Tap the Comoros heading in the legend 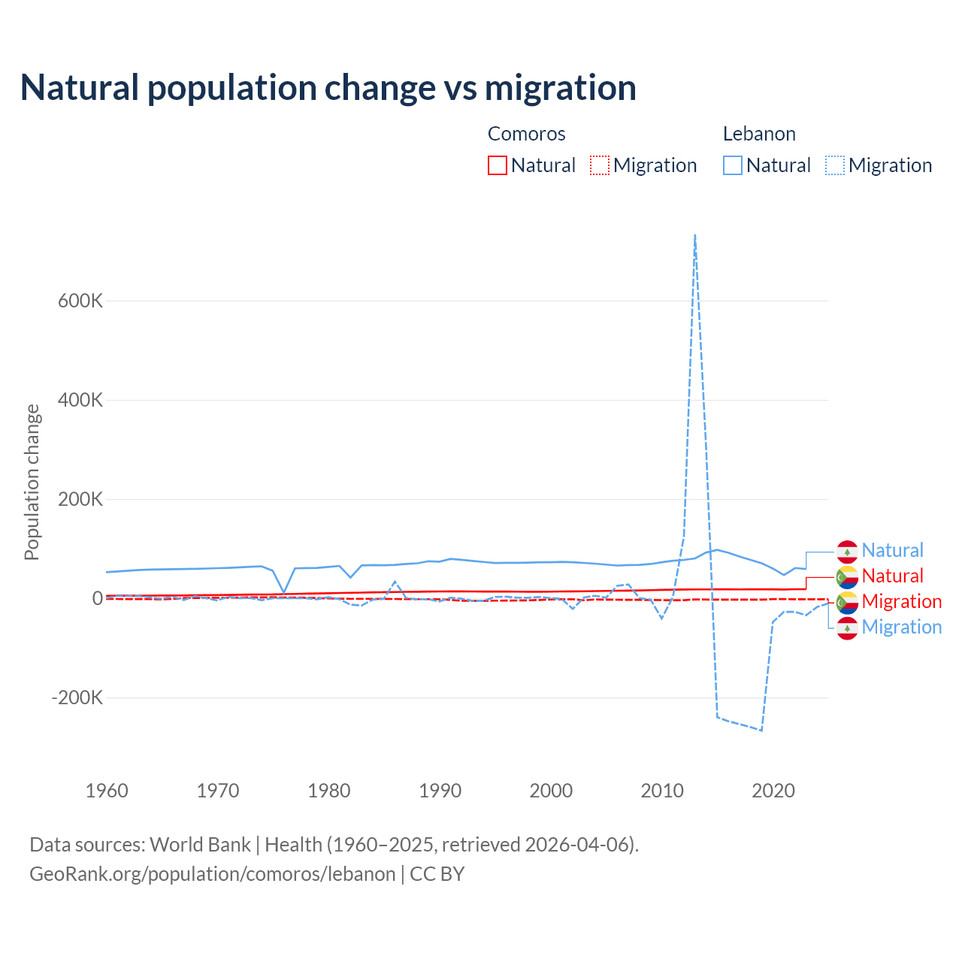pyautogui.click(x=526, y=134)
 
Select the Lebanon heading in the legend pyautogui.click(x=759, y=134)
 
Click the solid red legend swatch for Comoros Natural pyautogui.click(x=498, y=165)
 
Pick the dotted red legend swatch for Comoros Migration pyautogui.click(x=600, y=165)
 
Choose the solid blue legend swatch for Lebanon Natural pyautogui.click(x=733, y=165)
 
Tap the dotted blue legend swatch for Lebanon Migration pyautogui.click(x=835, y=165)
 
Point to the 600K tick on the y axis pyautogui.click(x=80, y=301)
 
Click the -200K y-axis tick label pyautogui.click(x=77, y=697)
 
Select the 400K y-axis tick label pyautogui.click(x=80, y=400)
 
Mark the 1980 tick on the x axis pyautogui.click(x=329, y=791)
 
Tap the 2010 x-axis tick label pyautogui.click(x=662, y=791)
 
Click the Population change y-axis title pyautogui.click(x=32, y=482)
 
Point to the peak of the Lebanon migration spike pyautogui.click(x=695, y=235)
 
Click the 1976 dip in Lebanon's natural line pyautogui.click(x=284, y=592)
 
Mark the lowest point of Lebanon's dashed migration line pyautogui.click(x=761, y=730)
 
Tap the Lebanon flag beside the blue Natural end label pyautogui.click(x=848, y=551)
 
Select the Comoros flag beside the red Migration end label pyautogui.click(x=848, y=602)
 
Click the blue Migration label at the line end pyautogui.click(x=901, y=628)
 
